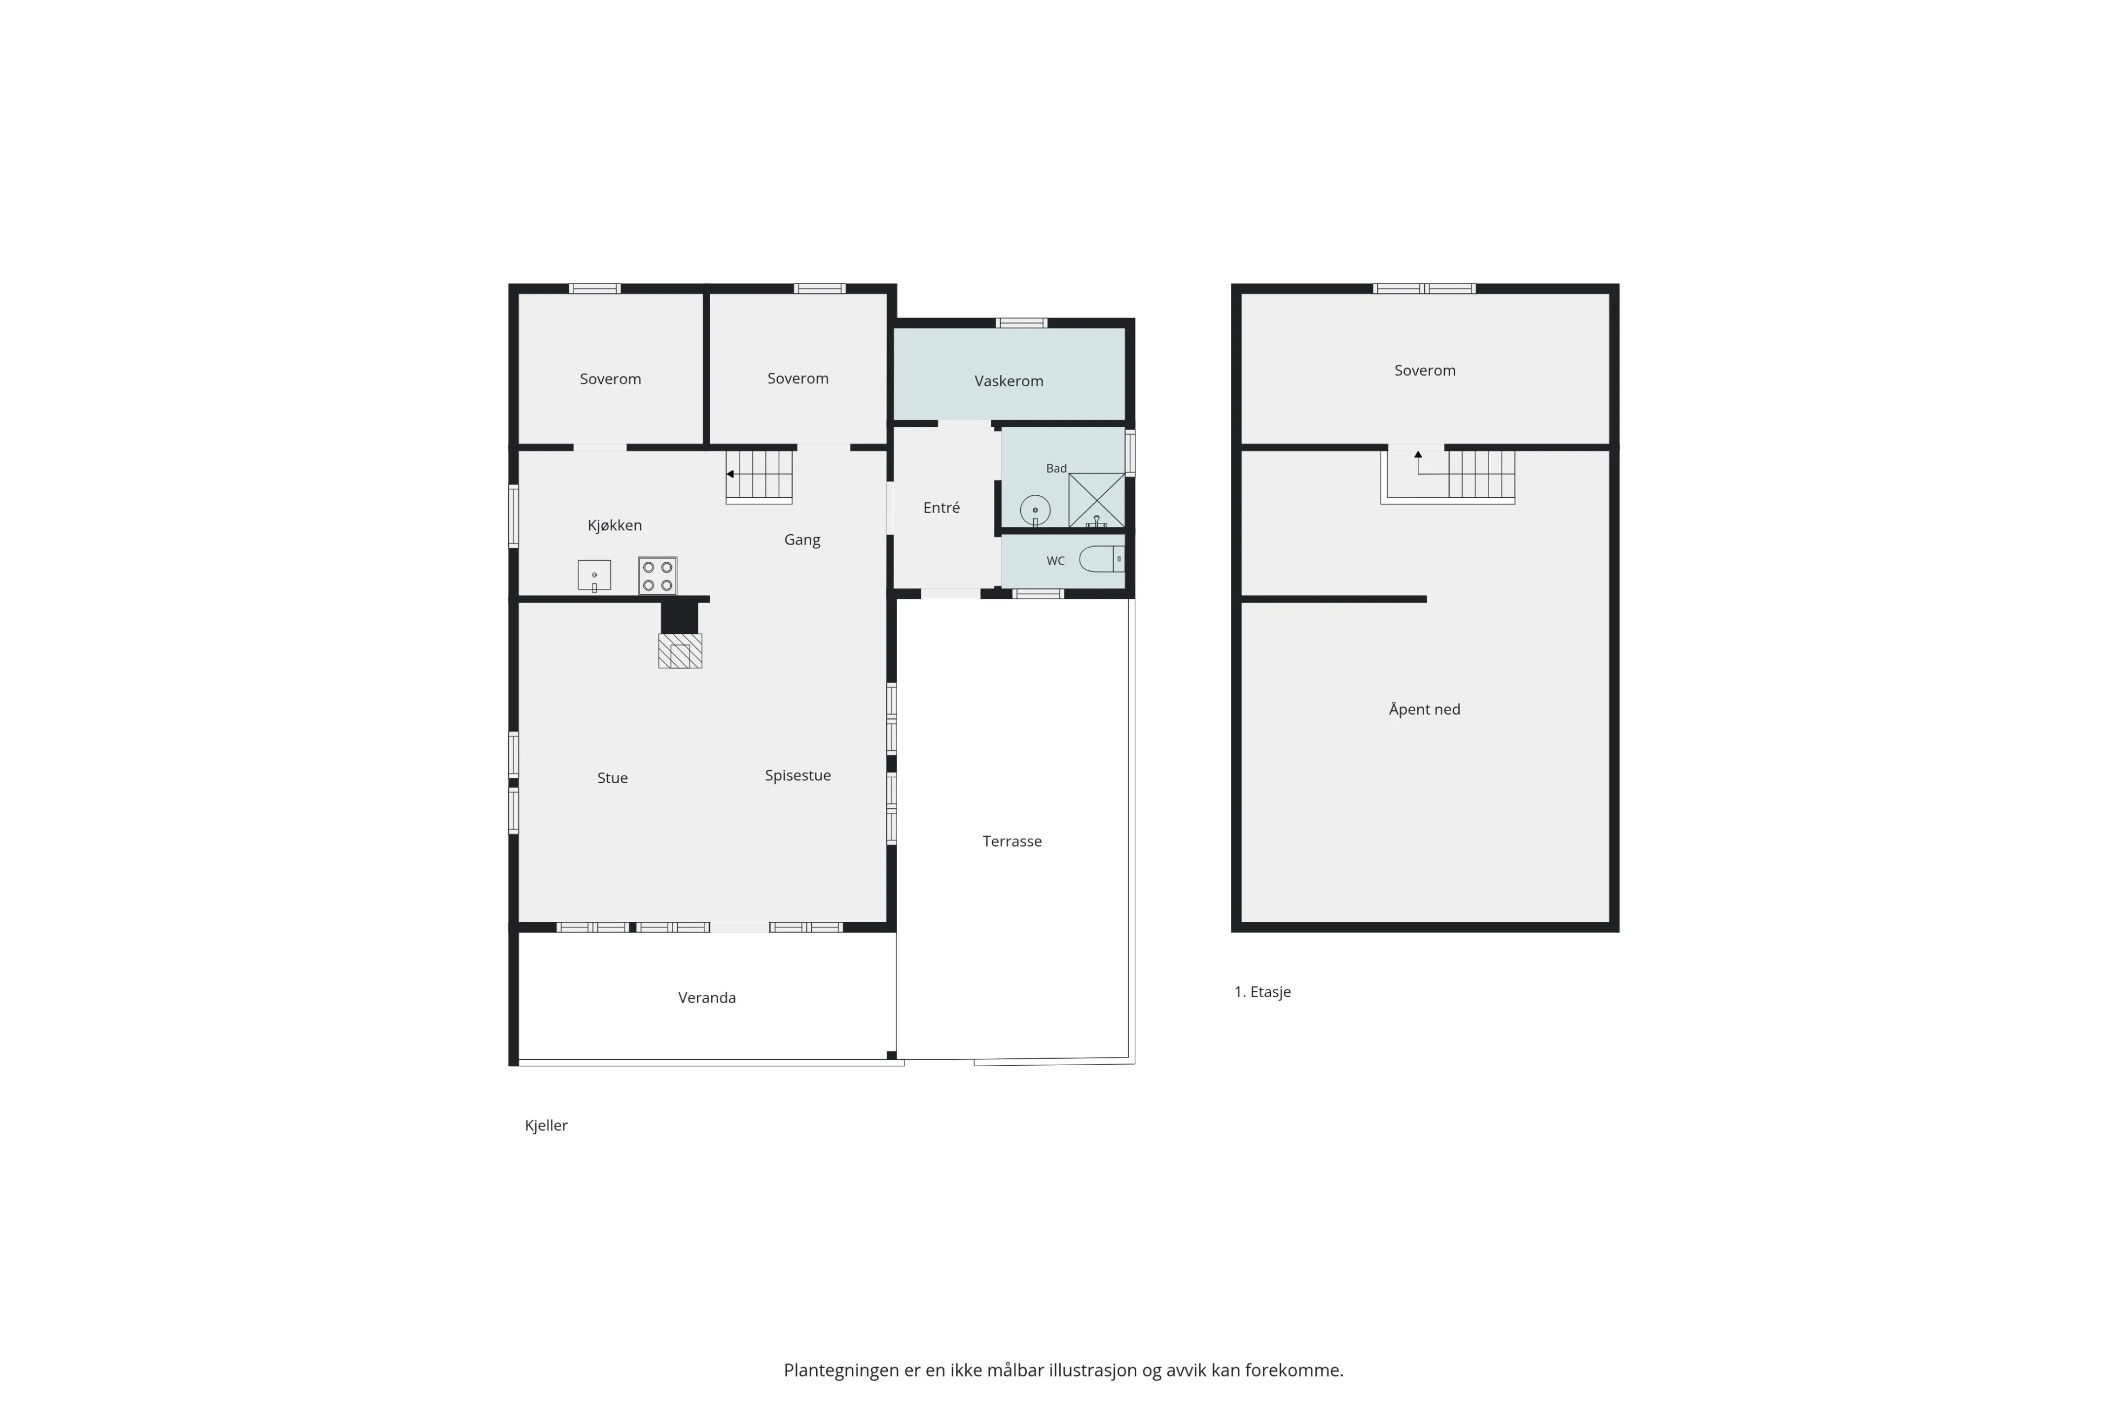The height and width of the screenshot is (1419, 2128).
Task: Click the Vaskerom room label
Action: pyautogui.click(x=1009, y=381)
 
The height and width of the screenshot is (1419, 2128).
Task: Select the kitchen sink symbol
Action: pyautogui.click(x=595, y=576)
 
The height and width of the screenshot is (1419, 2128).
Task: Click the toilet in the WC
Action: pyautogui.click(x=1102, y=559)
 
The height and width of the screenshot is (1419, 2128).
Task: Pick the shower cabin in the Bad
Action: pyautogui.click(x=1096, y=500)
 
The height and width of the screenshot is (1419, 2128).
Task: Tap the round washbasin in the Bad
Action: pyautogui.click(x=1035, y=510)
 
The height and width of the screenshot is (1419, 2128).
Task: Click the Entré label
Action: pyautogui.click(x=941, y=508)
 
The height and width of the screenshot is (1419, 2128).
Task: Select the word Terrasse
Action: pyautogui.click(x=1013, y=842)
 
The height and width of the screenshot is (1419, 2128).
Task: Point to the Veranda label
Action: pyautogui.click(x=706, y=997)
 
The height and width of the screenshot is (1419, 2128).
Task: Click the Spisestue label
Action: pyautogui.click(x=798, y=776)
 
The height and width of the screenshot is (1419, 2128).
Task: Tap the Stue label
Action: pyautogui.click(x=612, y=778)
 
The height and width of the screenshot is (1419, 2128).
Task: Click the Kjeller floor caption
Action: pyautogui.click(x=547, y=1126)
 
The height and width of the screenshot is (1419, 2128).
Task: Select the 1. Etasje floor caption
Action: pyautogui.click(x=1262, y=992)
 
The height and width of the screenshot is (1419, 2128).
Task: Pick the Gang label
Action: pyautogui.click(x=802, y=540)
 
